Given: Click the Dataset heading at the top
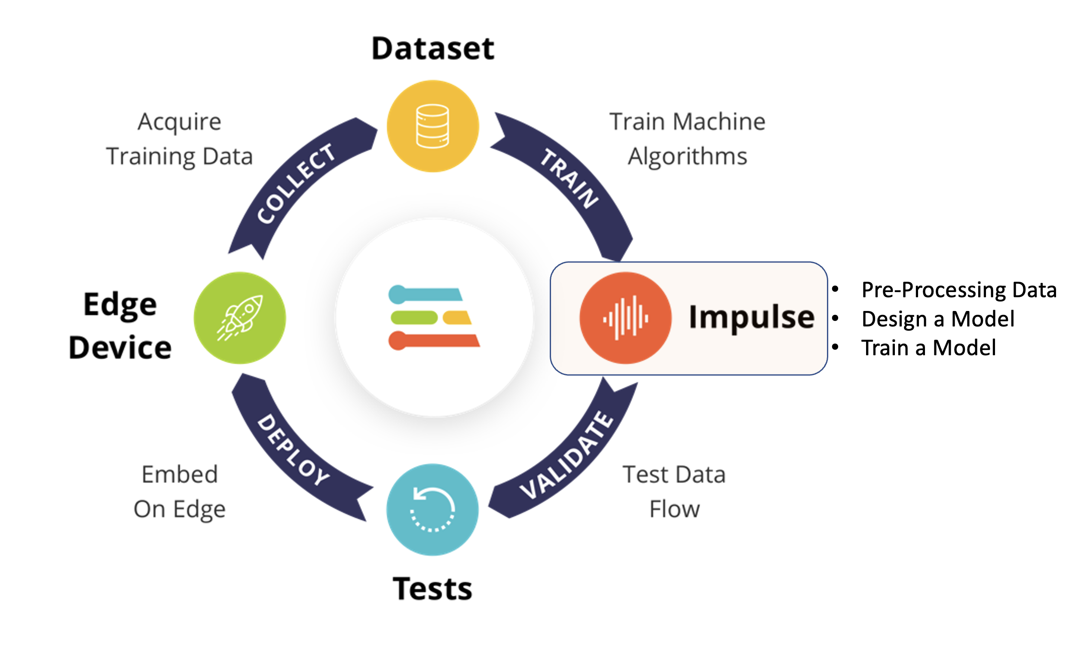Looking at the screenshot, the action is coord(433,49).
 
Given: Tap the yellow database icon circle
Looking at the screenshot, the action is coord(433,126).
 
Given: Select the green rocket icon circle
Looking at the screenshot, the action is coord(240,318).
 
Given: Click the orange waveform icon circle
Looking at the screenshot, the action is coord(625,318).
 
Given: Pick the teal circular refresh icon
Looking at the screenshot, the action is coord(432,510).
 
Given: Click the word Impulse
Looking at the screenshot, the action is coord(752,318).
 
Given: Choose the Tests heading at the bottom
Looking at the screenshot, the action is coord(432,589).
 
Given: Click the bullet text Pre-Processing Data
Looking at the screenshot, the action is coord(959,290).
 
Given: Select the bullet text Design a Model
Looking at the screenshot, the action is coord(938,319).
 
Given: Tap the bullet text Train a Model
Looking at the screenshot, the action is coord(929,348).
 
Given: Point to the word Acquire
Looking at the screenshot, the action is coord(179,122).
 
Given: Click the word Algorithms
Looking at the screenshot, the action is coord(687,157).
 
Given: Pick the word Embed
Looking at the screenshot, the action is coord(179,475).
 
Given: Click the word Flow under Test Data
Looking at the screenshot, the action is coord(675,509).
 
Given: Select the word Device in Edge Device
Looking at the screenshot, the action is coord(120,347).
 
